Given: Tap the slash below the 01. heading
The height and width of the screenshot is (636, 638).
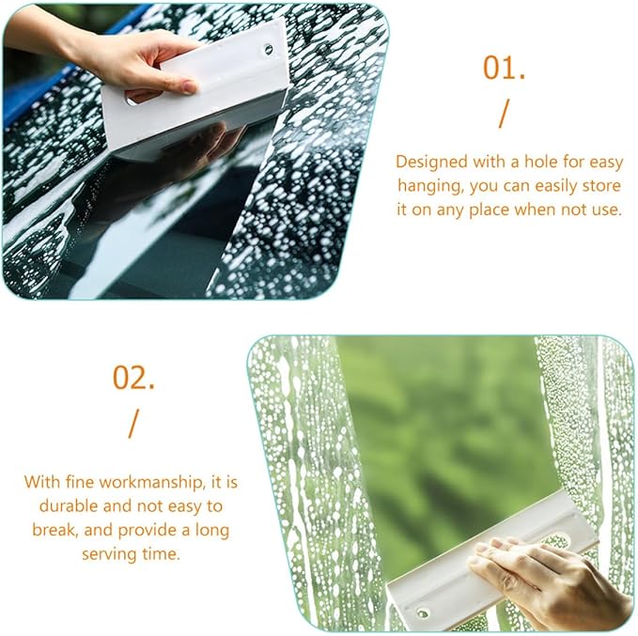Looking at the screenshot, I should point(504,113).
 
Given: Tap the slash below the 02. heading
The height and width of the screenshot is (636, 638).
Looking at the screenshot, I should point(132,424).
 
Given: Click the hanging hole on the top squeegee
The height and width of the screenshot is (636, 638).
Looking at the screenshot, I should point(268,49).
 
